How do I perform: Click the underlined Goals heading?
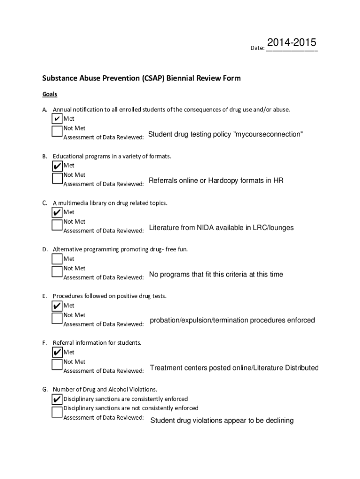tap(50, 94)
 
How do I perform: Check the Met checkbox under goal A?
tap(57, 119)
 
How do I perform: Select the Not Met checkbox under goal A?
tap(57, 131)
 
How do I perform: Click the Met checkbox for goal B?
tap(57, 166)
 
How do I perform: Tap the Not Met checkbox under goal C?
tap(57, 224)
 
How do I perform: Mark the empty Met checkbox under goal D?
tap(57, 259)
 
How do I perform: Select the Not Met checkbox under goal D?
tap(57, 271)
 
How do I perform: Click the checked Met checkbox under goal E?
tap(57, 306)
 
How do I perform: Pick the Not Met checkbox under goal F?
tap(57, 364)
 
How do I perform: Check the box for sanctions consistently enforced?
tap(57, 399)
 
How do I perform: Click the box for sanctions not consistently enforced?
tap(57, 411)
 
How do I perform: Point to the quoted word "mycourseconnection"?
tap(268, 135)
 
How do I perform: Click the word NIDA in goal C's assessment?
tap(205, 228)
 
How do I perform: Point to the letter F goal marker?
tap(44, 343)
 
